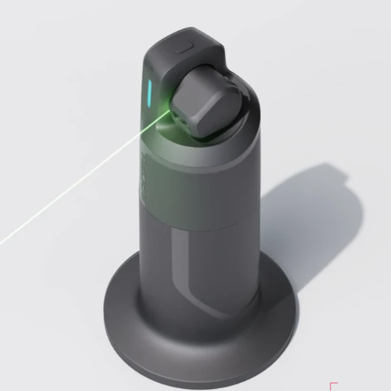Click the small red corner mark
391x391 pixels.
click(333, 386)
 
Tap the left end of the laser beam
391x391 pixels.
click(3, 241)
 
